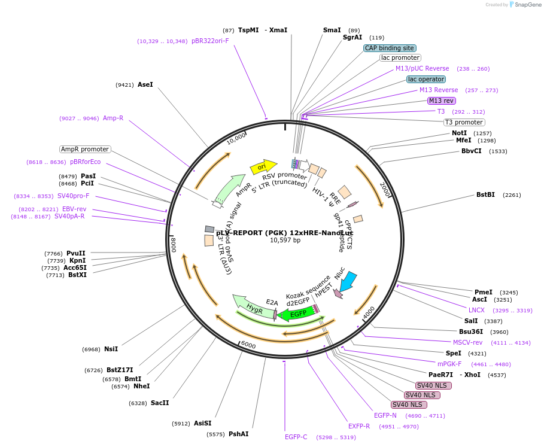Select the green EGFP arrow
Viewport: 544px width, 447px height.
coord(297,313)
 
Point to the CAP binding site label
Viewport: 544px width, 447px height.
coord(390,48)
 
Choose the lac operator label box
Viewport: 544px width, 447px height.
coord(426,79)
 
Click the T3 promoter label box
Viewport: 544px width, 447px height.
coord(464,122)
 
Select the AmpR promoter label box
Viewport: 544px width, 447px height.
coord(85,149)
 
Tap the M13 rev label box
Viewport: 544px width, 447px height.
coord(442,101)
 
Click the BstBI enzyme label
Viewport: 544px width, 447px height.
coord(485,194)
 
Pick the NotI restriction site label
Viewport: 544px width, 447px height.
coord(459,133)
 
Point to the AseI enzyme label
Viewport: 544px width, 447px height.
coord(145,84)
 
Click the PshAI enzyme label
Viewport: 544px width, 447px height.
coord(238,434)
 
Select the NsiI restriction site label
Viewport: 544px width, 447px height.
coord(111,349)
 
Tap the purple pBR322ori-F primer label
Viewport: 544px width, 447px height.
coord(210,41)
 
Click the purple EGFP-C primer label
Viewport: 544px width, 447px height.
coord(296,437)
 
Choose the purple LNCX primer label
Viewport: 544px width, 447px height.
coord(476,310)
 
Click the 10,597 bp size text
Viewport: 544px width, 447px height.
coord(285,240)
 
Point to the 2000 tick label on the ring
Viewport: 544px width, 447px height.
coord(385,190)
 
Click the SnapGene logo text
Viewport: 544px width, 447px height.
coord(528,4)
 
